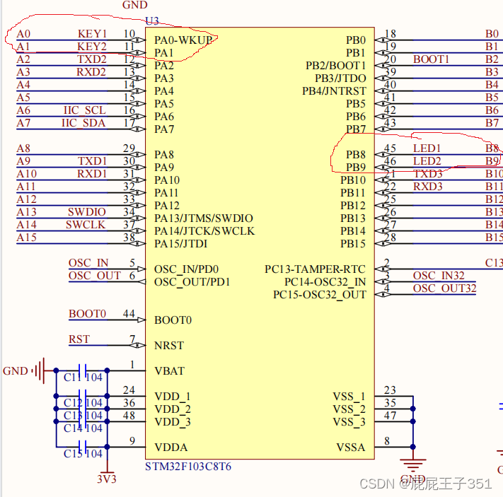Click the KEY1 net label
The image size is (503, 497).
click(x=92, y=34)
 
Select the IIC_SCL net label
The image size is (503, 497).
click(x=84, y=110)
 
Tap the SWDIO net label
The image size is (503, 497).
click(x=86, y=212)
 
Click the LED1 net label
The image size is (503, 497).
click(x=427, y=148)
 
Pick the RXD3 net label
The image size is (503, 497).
click(x=427, y=187)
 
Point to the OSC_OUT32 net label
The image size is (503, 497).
click(x=444, y=288)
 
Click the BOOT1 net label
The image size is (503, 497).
click(x=431, y=59)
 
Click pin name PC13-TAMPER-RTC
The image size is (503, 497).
click(x=316, y=269)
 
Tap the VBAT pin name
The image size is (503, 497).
click(x=170, y=371)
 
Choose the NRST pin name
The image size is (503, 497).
click(x=168, y=346)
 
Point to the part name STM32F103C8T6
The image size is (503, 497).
click(x=187, y=467)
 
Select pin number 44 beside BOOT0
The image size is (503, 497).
click(x=128, y=314)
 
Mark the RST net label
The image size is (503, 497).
click(x=79, y=339)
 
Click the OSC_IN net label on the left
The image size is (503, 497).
click(x=88, y=263)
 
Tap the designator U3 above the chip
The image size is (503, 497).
click(x=151, y=21)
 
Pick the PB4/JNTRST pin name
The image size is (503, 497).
click(x=334, y=91)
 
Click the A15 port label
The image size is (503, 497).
click(x=26, y=238)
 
